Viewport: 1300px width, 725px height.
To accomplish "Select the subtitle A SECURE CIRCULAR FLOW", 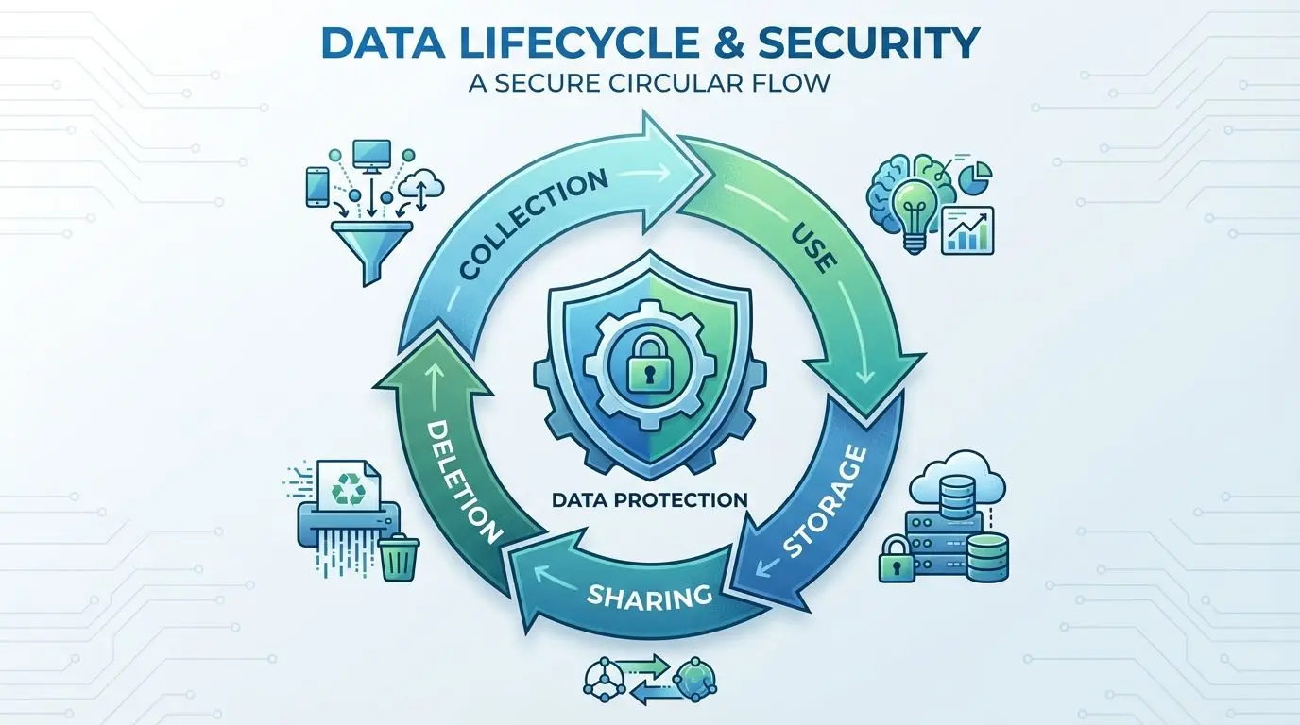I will point(649,82).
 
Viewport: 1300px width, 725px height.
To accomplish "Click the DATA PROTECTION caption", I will point(650,499).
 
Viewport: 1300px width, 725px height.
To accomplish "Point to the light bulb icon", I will point(915,213).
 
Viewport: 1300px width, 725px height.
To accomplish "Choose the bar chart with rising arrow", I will point(967,230).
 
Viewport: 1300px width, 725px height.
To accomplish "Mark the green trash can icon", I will point(399,558).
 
